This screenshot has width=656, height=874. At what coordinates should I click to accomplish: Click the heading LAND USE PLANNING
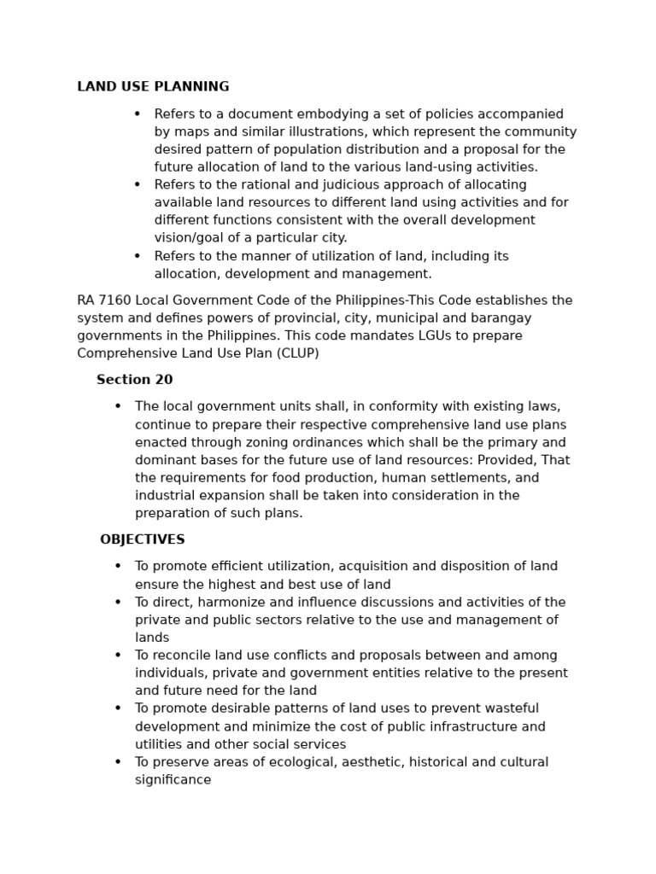pyautogui.click(x=153, y=87)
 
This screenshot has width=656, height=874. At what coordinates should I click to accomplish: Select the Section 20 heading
pyautogui.click(x=134, y=380)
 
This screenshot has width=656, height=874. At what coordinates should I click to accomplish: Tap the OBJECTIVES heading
pyautogui.click(x=142, y=539)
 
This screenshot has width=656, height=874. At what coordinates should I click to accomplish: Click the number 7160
pyautogui.click(x=116, y=300)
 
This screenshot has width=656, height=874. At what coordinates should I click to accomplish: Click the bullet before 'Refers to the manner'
pyautogui.click(x=137, y=256)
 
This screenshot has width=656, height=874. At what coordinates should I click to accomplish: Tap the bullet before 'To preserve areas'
pyautogui.click(x=118, y=762)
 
